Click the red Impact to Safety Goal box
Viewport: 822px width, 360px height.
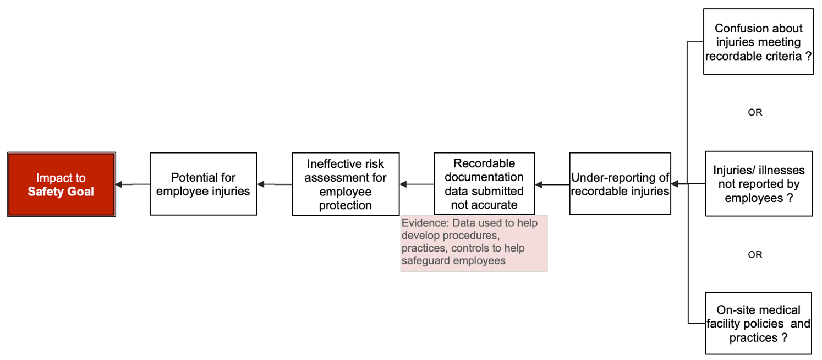click(x=61, y=184)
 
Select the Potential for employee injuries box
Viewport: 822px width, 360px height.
click(x=203, y=184)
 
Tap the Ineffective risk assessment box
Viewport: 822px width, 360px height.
click(x=346, y=184)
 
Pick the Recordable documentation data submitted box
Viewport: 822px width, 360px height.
click(x=484, y=184)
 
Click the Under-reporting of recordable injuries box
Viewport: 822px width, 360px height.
click(x=620, y=184)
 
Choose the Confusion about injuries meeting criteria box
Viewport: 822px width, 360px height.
click(x=758, y=41)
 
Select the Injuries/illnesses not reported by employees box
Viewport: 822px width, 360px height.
click(x=759, y=184)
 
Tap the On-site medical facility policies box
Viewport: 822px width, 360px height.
click(x=758, y=323)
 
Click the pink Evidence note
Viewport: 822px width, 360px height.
click(x=474, y=243)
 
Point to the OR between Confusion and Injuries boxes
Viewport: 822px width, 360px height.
click(x=755, y=112)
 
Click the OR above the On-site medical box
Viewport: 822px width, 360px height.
click(x=755, y=255)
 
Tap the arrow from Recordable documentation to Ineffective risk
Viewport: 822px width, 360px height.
click(x=416, y=184)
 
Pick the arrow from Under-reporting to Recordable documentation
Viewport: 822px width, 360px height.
click(x=552, y=184)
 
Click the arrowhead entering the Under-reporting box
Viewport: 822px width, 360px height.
click(x=675, y=184)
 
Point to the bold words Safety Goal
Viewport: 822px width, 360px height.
click(x=61, y=192)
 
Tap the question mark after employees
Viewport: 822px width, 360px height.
click(x=790, y=198)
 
